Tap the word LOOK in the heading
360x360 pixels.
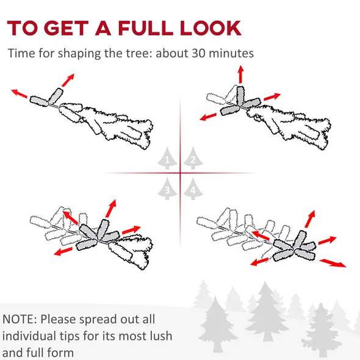[x=211, y=28]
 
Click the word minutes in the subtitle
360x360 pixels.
[x=231, y=53]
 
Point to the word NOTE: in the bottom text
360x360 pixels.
[x=20, y=319]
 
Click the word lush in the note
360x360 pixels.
[x=161, y=336]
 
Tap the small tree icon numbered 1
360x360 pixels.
[x=167, y=158]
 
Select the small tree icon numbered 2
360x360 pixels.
[x=193, y=158]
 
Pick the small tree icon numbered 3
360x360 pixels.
[x=167, y=189]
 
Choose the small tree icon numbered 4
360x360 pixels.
[x=193, y=189]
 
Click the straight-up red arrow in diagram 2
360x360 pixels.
[x=240, y=74]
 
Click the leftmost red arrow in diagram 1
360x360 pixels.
[x=20, y=94]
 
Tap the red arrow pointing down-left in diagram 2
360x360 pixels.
[x=208, y=117]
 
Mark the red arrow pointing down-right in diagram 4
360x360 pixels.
[x=333, y=263]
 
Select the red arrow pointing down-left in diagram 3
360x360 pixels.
[x=63, y=251]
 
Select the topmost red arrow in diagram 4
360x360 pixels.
[x=310, y=219]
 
